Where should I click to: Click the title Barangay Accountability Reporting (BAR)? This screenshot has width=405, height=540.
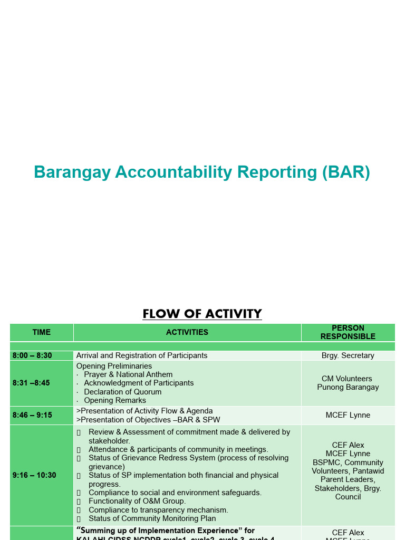click(202, 172)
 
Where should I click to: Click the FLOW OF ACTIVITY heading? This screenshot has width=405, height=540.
click(202, 314)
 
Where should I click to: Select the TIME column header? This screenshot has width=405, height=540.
click(42, 332)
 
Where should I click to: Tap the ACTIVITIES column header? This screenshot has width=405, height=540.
click(187, 332)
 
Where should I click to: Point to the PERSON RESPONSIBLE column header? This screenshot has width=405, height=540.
click(348, 332)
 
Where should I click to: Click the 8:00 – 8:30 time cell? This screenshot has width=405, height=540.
click(33, 355)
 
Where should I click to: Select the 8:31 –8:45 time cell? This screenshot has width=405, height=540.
click(32, 383)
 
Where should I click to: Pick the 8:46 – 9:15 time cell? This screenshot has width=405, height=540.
click(33, 415)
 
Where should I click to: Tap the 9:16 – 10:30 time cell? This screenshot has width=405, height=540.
click(34, 475)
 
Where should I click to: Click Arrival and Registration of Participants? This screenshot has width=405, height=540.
click(142, 355)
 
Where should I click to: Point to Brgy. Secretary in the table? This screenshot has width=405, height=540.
click(348, 355)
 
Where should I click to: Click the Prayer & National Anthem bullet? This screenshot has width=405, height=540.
click(128, 374)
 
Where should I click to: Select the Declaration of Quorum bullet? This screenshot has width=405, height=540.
click(123, 392)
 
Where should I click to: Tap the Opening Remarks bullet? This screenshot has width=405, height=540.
click(115, 400)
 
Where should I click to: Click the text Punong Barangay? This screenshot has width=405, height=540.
click(348, 387)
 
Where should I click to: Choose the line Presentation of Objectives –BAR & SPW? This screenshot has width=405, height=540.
click(148, 420)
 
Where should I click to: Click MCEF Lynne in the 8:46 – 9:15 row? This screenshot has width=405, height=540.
click(348, 415)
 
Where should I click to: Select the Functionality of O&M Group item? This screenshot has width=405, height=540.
click(137, 501)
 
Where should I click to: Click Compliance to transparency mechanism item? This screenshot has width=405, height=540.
click(158, 510)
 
